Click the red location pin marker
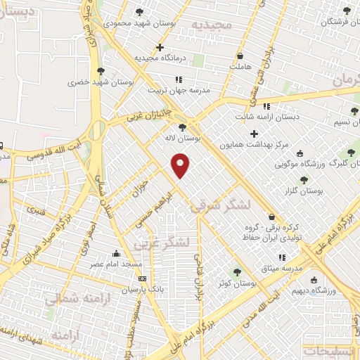click(181, 166)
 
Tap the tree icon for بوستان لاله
click(183, 127)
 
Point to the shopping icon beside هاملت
click(241, 56)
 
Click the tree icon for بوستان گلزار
click(304, 179)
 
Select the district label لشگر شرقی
click(219, 205)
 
